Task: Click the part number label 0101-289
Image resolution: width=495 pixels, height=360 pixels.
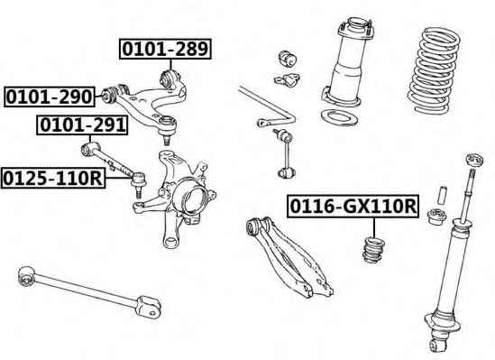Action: [x=165, y=49]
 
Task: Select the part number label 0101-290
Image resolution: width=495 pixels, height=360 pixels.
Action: [x=50, y=97]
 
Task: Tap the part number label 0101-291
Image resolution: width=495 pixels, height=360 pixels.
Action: [x=82, y=125]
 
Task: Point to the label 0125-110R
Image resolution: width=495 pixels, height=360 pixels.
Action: [x=53, y=179]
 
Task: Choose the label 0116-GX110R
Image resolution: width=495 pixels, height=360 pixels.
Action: [x=353, y=207]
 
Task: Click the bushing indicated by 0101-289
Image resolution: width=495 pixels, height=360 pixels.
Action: [x=170, y=78]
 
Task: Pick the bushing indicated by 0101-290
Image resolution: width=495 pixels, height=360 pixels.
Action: [x=109, y=95]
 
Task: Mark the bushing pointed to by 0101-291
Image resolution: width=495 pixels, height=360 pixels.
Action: [x=87, y=149]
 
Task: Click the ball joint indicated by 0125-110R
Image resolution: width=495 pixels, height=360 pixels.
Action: [x=138, y=183]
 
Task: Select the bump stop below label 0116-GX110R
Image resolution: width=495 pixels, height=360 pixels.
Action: [x=373, y=249]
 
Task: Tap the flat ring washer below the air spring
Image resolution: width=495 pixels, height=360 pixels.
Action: [x=339, y=117]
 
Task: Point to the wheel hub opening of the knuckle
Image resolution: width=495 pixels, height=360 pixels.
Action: [x=193, y=199]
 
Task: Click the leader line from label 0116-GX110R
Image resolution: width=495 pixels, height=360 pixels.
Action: [x=374, y=227]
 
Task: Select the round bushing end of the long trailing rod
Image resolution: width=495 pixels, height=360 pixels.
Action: [x=26, y=275]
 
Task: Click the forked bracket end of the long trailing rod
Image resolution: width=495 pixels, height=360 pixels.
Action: [x=149, y=306]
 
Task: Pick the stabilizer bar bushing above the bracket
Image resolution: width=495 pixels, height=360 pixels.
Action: [x=288, y=59]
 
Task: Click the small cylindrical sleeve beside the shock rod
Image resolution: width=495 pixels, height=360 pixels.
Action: [x=442, y=196]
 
